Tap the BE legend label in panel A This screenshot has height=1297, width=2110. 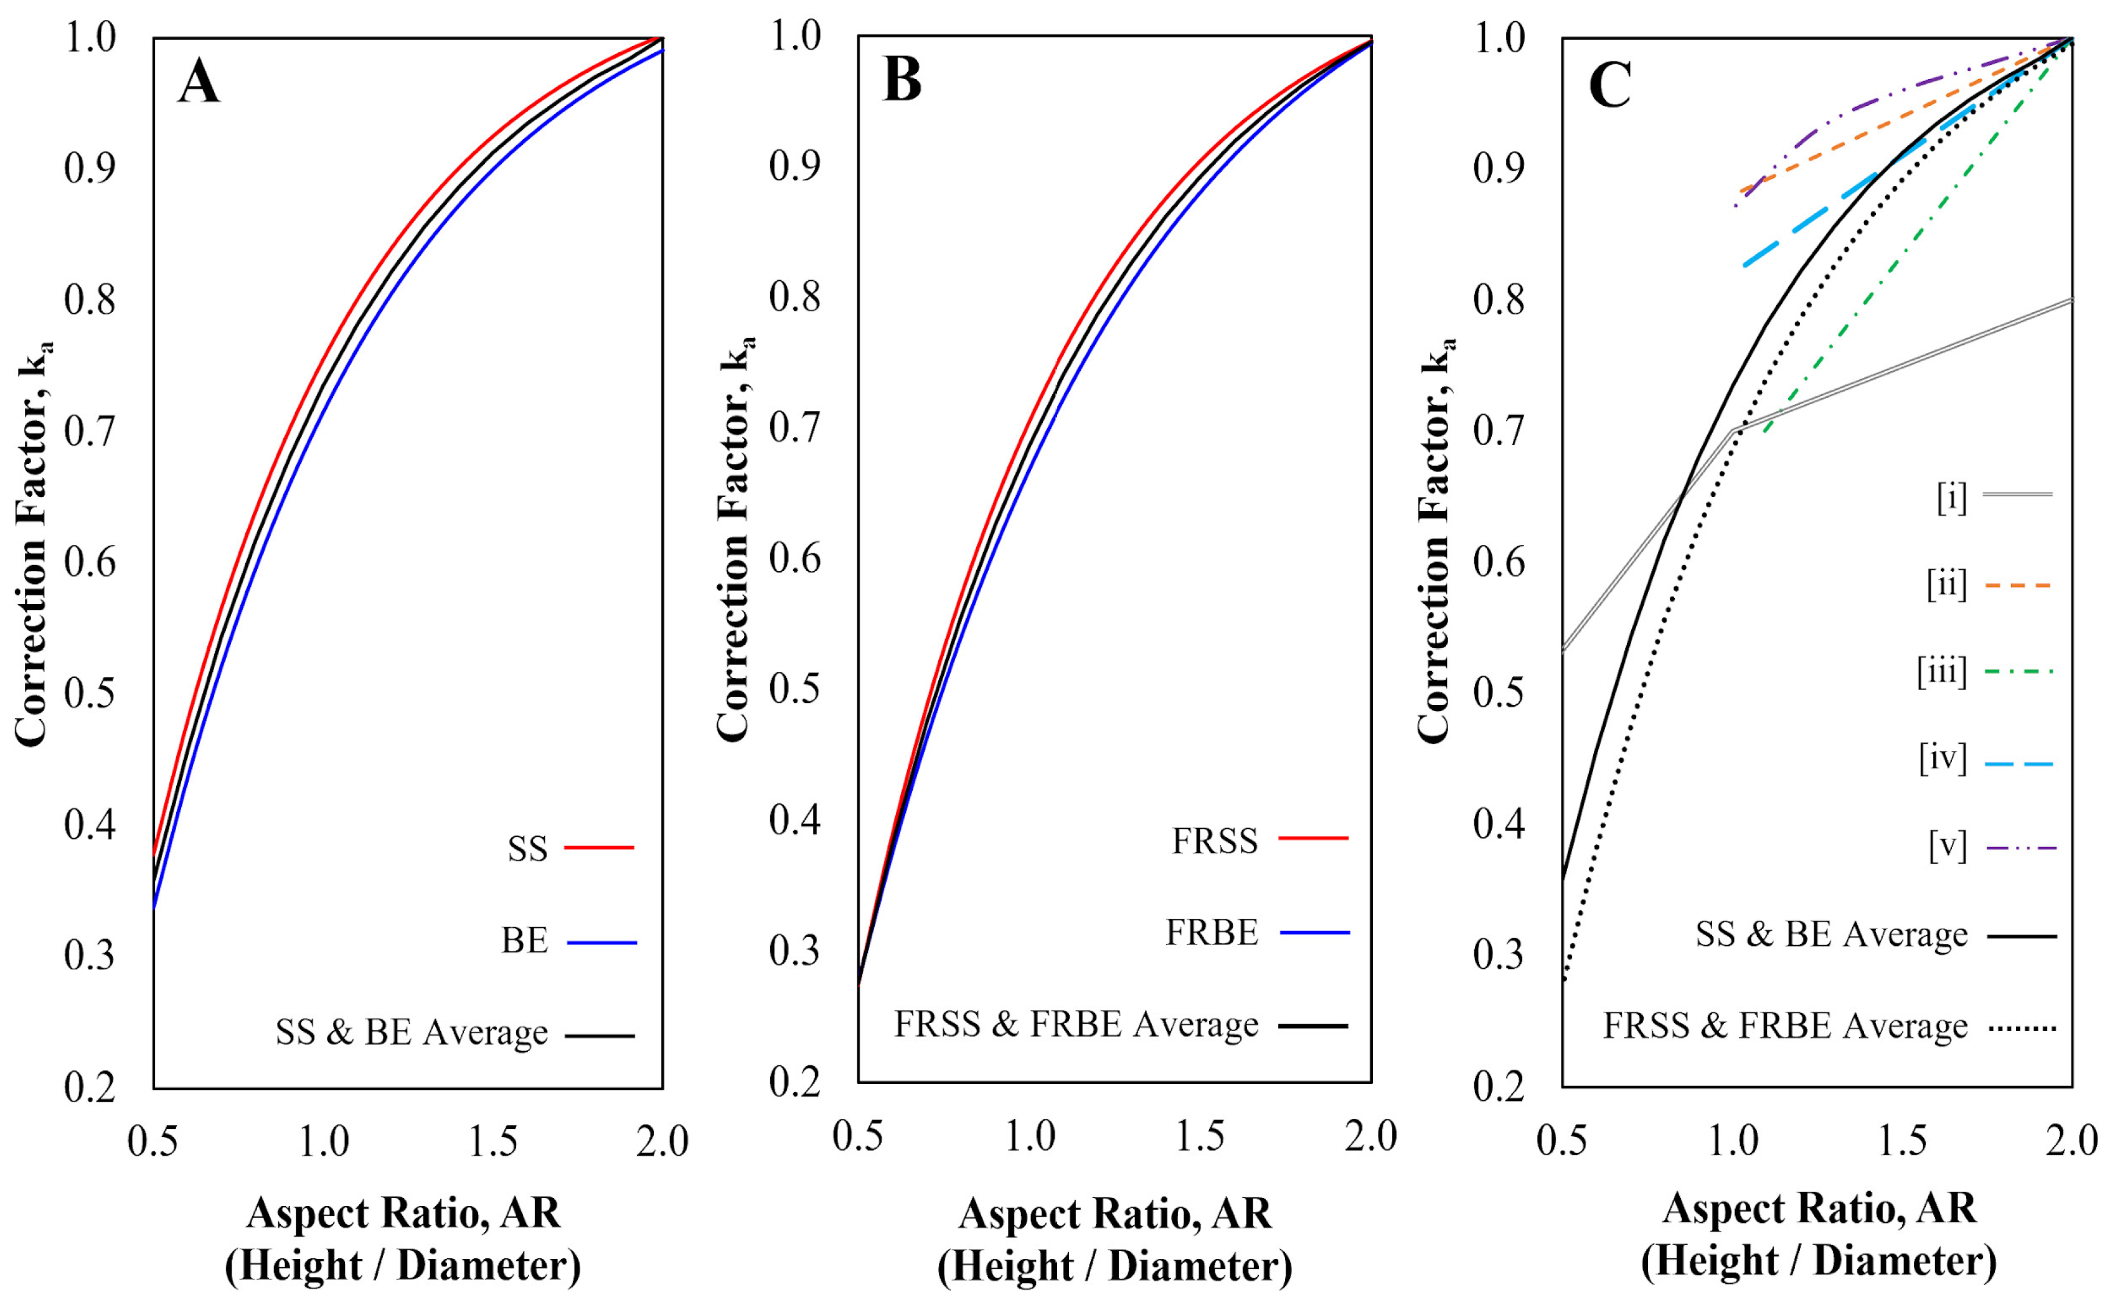(x=524, y=941)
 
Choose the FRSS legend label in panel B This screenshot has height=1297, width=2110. (x=1215, y=841)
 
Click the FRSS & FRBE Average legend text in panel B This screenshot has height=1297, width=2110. (x=1076, y=1024)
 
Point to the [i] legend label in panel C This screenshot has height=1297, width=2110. (x=1951, y=497)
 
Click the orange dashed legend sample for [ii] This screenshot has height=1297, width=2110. (x=2018, y=586)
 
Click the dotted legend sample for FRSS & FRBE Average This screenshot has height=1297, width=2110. (x=2022, y=1027)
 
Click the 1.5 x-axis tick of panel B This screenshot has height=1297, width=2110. (x=1199, y=1136)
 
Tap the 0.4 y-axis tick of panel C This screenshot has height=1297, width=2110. (x=1499, y=824)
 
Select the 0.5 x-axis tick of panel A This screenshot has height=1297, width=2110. (x=153, y=1142)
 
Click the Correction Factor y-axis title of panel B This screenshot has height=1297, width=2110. (x=733, y=540)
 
